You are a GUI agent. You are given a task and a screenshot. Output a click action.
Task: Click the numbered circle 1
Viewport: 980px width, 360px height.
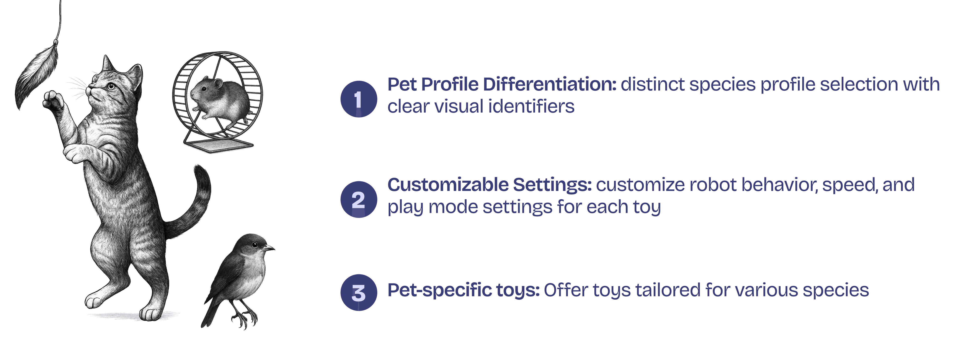[358, 99]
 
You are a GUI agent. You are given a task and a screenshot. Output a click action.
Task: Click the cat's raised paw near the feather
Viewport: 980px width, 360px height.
[53, 101]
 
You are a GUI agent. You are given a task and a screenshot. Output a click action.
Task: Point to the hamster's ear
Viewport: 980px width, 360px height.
[218, 83]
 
